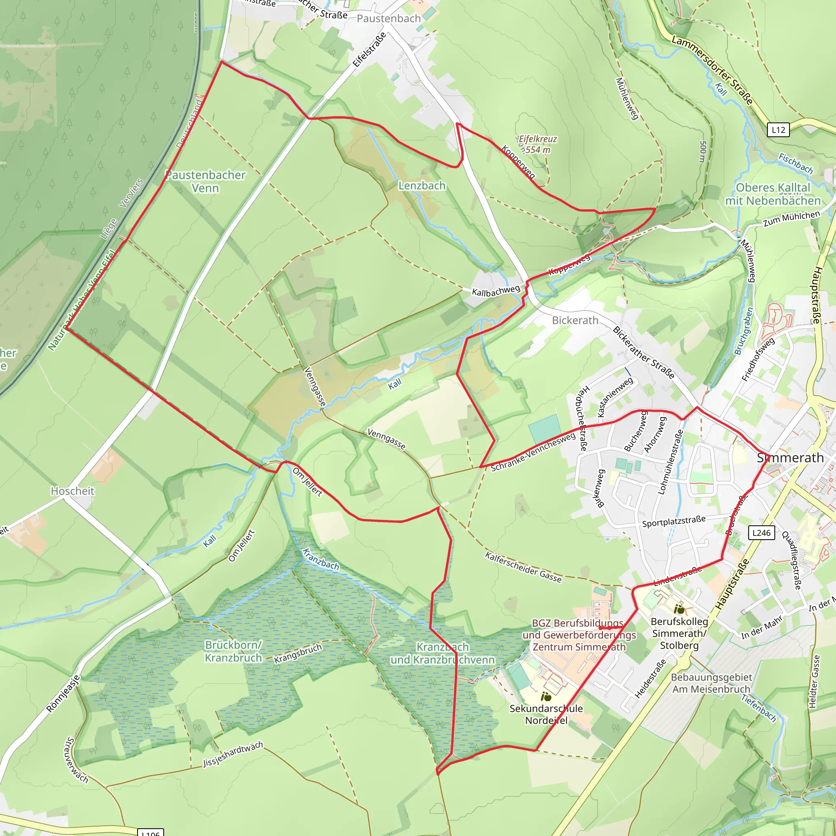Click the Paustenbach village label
click(389, 19)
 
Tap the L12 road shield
click(778, 130)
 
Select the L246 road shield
click(761, 533)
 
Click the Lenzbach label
click(422, 186)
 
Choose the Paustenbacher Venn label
click(206, 182)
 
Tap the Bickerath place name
click(575, 320)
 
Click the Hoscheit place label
click(72, 491)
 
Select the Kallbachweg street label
click(496, 291)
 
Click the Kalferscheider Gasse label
click(523, 567)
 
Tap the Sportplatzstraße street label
click(674, 521)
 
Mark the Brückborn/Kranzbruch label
click(233, 651)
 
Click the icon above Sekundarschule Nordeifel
click(546, 697)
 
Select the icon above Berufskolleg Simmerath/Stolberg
click(679, 610)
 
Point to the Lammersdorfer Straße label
click(712, 70)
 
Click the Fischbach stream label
click(796, 163)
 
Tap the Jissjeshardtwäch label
click(233, 754)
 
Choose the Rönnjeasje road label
click(63, 694)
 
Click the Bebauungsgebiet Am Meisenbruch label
click(711, 683)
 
